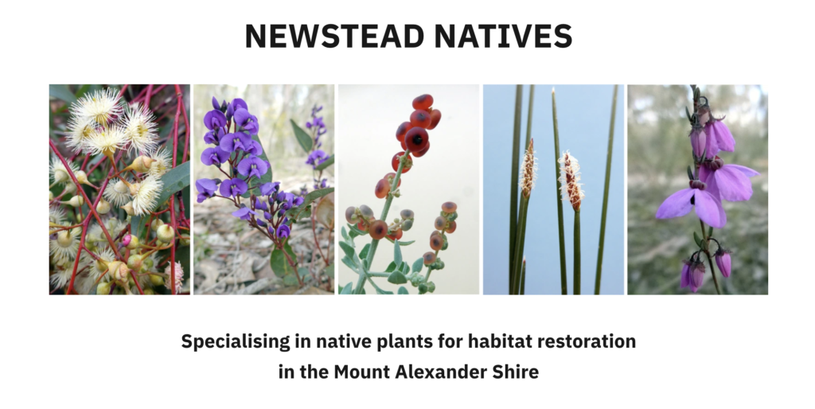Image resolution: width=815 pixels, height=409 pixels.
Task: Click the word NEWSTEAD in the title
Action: [334, 36]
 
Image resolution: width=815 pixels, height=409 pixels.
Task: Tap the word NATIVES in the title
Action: [503, 36]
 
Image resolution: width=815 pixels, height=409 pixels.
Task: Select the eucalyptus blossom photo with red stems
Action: [119, 189]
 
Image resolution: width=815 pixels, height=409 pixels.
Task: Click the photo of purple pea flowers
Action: [264, 189]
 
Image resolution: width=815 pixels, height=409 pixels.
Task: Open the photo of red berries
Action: [408, 189]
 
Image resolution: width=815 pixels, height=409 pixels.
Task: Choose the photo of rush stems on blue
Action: [554, 189]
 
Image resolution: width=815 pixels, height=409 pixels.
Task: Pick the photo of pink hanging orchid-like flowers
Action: [697, 189]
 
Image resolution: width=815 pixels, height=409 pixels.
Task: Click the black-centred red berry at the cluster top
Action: [417, 139]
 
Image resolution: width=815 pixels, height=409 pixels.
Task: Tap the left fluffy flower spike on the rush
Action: [528, 169]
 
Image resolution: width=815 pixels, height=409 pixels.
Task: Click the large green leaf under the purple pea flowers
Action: [283, 260]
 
